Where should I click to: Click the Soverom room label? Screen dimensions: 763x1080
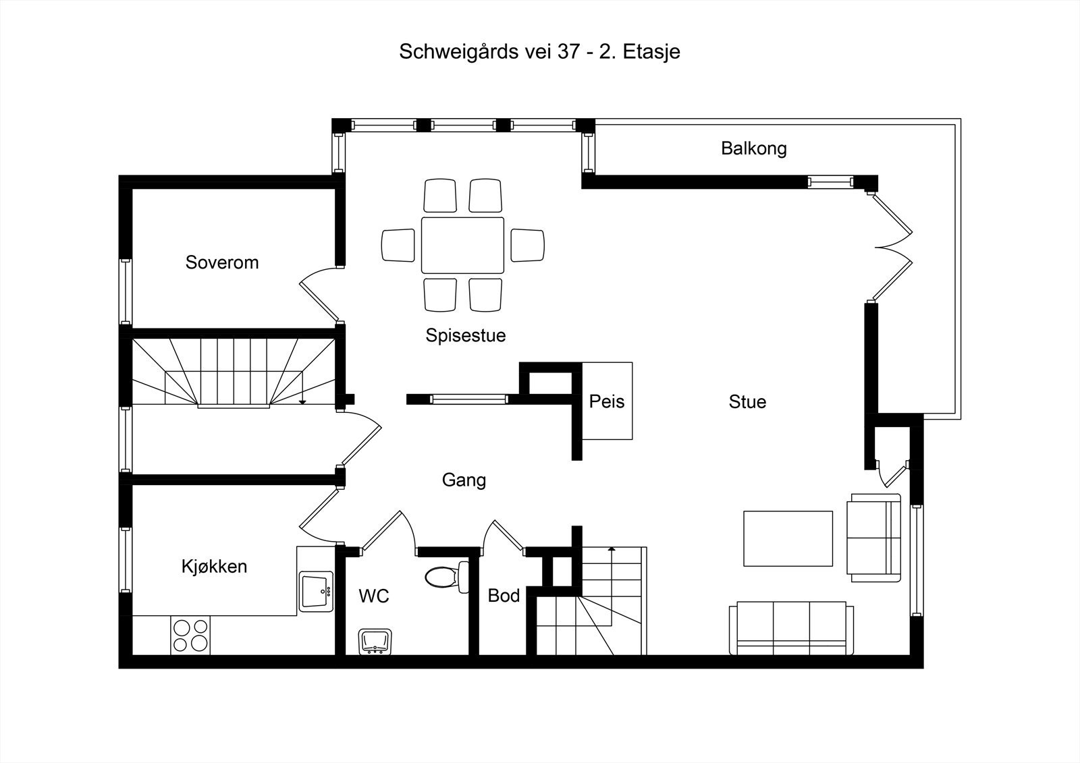click(222, 262)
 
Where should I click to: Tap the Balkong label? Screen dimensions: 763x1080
click(753, 148)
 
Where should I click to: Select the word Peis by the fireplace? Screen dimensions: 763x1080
click(606, 402)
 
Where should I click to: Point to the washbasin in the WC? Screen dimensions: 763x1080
click(376, 641)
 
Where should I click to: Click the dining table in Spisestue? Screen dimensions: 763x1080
click(462, 245)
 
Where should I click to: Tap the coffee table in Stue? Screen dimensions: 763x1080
click(788, 538)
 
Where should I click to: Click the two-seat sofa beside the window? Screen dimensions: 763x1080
click(874, 538)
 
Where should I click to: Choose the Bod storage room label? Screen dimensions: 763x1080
click(504, 596)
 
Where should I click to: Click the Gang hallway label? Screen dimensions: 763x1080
click(464, 480)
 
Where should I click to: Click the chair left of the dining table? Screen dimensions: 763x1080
click(398, 245)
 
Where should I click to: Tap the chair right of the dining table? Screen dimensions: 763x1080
click(527, 245)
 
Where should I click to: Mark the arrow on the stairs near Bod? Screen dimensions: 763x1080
click(612, 550)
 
